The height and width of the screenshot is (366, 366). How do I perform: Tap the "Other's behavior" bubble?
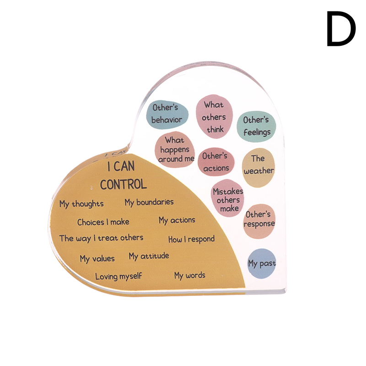coord(167,114)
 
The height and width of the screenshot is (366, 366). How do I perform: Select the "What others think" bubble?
coord(214,117)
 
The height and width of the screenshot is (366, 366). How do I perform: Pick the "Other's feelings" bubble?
coord(256,126)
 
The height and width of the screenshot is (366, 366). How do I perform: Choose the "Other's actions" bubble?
coord(215,162)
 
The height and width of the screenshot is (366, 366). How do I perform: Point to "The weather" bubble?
coord(258,165)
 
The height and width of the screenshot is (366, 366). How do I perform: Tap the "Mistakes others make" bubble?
coord(228,200)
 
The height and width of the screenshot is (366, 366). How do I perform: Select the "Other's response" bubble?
coord(259,219)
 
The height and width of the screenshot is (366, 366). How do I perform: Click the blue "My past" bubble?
coord(262,264)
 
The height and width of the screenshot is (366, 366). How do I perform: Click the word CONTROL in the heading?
coord(124,184)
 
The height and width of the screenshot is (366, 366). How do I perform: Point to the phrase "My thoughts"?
coord(81,204)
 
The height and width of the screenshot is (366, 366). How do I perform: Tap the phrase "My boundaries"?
coord(149,202)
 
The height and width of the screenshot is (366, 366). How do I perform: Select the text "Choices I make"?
coord(103,222)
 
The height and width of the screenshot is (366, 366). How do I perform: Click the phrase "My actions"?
coord(177,220)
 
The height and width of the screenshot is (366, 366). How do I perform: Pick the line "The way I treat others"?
coord(101,238)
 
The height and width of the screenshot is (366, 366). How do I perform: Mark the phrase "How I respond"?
coord(191,239)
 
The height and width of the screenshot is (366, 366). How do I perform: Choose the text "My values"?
coord(97,258)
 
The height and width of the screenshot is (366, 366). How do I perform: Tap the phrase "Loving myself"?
coord(118,276)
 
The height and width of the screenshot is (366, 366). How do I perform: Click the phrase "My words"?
coord(189,275)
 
